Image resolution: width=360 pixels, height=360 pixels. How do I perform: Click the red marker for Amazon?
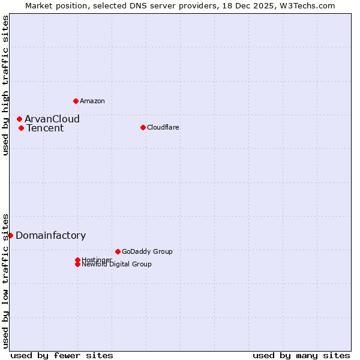[76, 101]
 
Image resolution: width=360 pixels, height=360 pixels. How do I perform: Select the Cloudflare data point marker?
[143, 127]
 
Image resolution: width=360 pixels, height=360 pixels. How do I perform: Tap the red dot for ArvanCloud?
[19, 119]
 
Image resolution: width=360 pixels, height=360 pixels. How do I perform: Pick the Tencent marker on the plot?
[21, 128]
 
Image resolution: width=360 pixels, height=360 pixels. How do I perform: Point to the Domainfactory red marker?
[10, 235]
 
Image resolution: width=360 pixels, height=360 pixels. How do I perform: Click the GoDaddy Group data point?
[118, 251]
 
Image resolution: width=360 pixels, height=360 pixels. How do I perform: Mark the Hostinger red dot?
[77, 260]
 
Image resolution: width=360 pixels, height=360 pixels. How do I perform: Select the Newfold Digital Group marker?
[77, 264]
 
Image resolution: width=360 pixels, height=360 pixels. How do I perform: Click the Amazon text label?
[92, 101]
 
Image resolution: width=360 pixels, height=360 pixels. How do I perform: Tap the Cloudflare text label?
[163, 127]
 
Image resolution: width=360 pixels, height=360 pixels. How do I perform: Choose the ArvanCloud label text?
[52, 119]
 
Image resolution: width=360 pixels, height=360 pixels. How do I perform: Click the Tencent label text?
[45, 128]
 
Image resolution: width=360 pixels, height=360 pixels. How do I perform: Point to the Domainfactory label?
[51, 235]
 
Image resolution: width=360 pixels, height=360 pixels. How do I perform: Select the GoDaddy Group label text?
[147, 251]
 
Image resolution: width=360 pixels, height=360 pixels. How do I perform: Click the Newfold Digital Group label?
[117, 265]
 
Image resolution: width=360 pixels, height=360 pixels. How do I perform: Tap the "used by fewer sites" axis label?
[62, 355]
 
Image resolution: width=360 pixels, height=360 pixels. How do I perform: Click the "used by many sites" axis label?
[301, 355]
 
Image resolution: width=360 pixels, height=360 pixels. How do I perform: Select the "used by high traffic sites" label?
[5, 85]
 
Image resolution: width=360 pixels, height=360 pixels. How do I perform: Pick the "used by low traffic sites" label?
[5, 280]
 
